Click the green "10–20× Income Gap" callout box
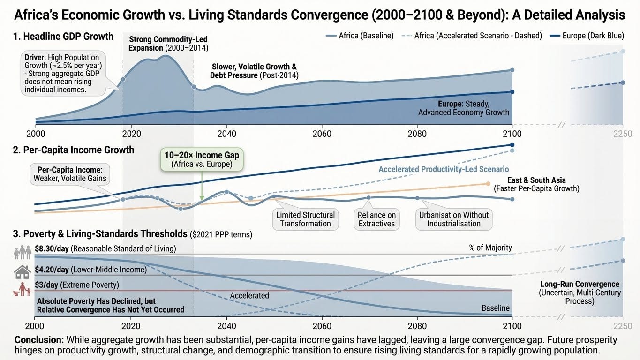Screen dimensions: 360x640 [202, 159]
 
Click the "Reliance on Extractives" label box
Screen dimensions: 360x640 [377, 219]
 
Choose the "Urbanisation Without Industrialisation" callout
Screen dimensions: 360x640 [453, 219]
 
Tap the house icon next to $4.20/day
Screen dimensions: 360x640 [23, 271]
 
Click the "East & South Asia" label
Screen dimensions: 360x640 [536, 180]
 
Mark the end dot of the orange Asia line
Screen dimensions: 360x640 [488, 184]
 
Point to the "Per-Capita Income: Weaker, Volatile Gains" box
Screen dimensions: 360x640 [70, 174]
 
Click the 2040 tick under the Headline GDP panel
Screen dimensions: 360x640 [227, 134]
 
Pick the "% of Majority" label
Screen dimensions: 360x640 [490, 247]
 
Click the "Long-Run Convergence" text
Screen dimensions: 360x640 [580, 284]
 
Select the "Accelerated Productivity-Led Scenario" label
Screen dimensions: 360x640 [444, 169]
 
